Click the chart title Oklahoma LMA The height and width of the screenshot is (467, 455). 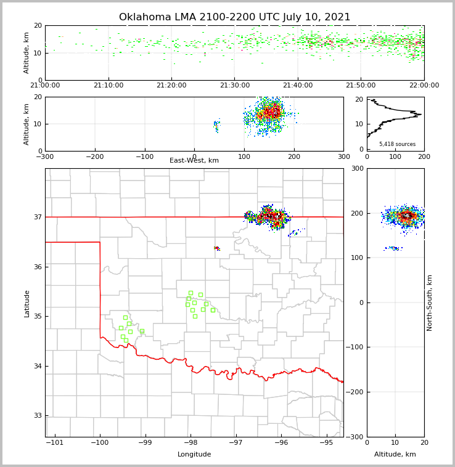point(234,17)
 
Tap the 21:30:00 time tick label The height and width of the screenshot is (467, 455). point(235,86)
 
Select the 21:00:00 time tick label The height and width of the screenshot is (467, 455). point(45,86)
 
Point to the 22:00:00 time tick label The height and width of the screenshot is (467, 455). point(424,86)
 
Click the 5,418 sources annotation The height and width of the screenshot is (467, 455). point(397,144)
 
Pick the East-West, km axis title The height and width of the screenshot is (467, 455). point(194,161)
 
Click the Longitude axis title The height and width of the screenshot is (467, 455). point(194,455)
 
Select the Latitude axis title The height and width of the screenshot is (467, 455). point(27,303)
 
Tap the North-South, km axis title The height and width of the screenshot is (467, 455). point(430,303)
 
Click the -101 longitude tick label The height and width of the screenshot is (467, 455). point(55,442)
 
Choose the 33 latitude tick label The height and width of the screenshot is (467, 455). point(37,415)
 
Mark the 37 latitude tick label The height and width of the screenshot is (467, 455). point(37,217)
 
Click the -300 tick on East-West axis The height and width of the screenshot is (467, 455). point(45,156)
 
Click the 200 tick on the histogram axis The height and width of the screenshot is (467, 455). point(424,156)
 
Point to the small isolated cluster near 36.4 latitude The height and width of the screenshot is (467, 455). point(216,248)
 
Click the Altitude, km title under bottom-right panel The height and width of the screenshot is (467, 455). point(395,455)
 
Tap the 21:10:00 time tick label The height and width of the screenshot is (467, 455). point(109,86)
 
